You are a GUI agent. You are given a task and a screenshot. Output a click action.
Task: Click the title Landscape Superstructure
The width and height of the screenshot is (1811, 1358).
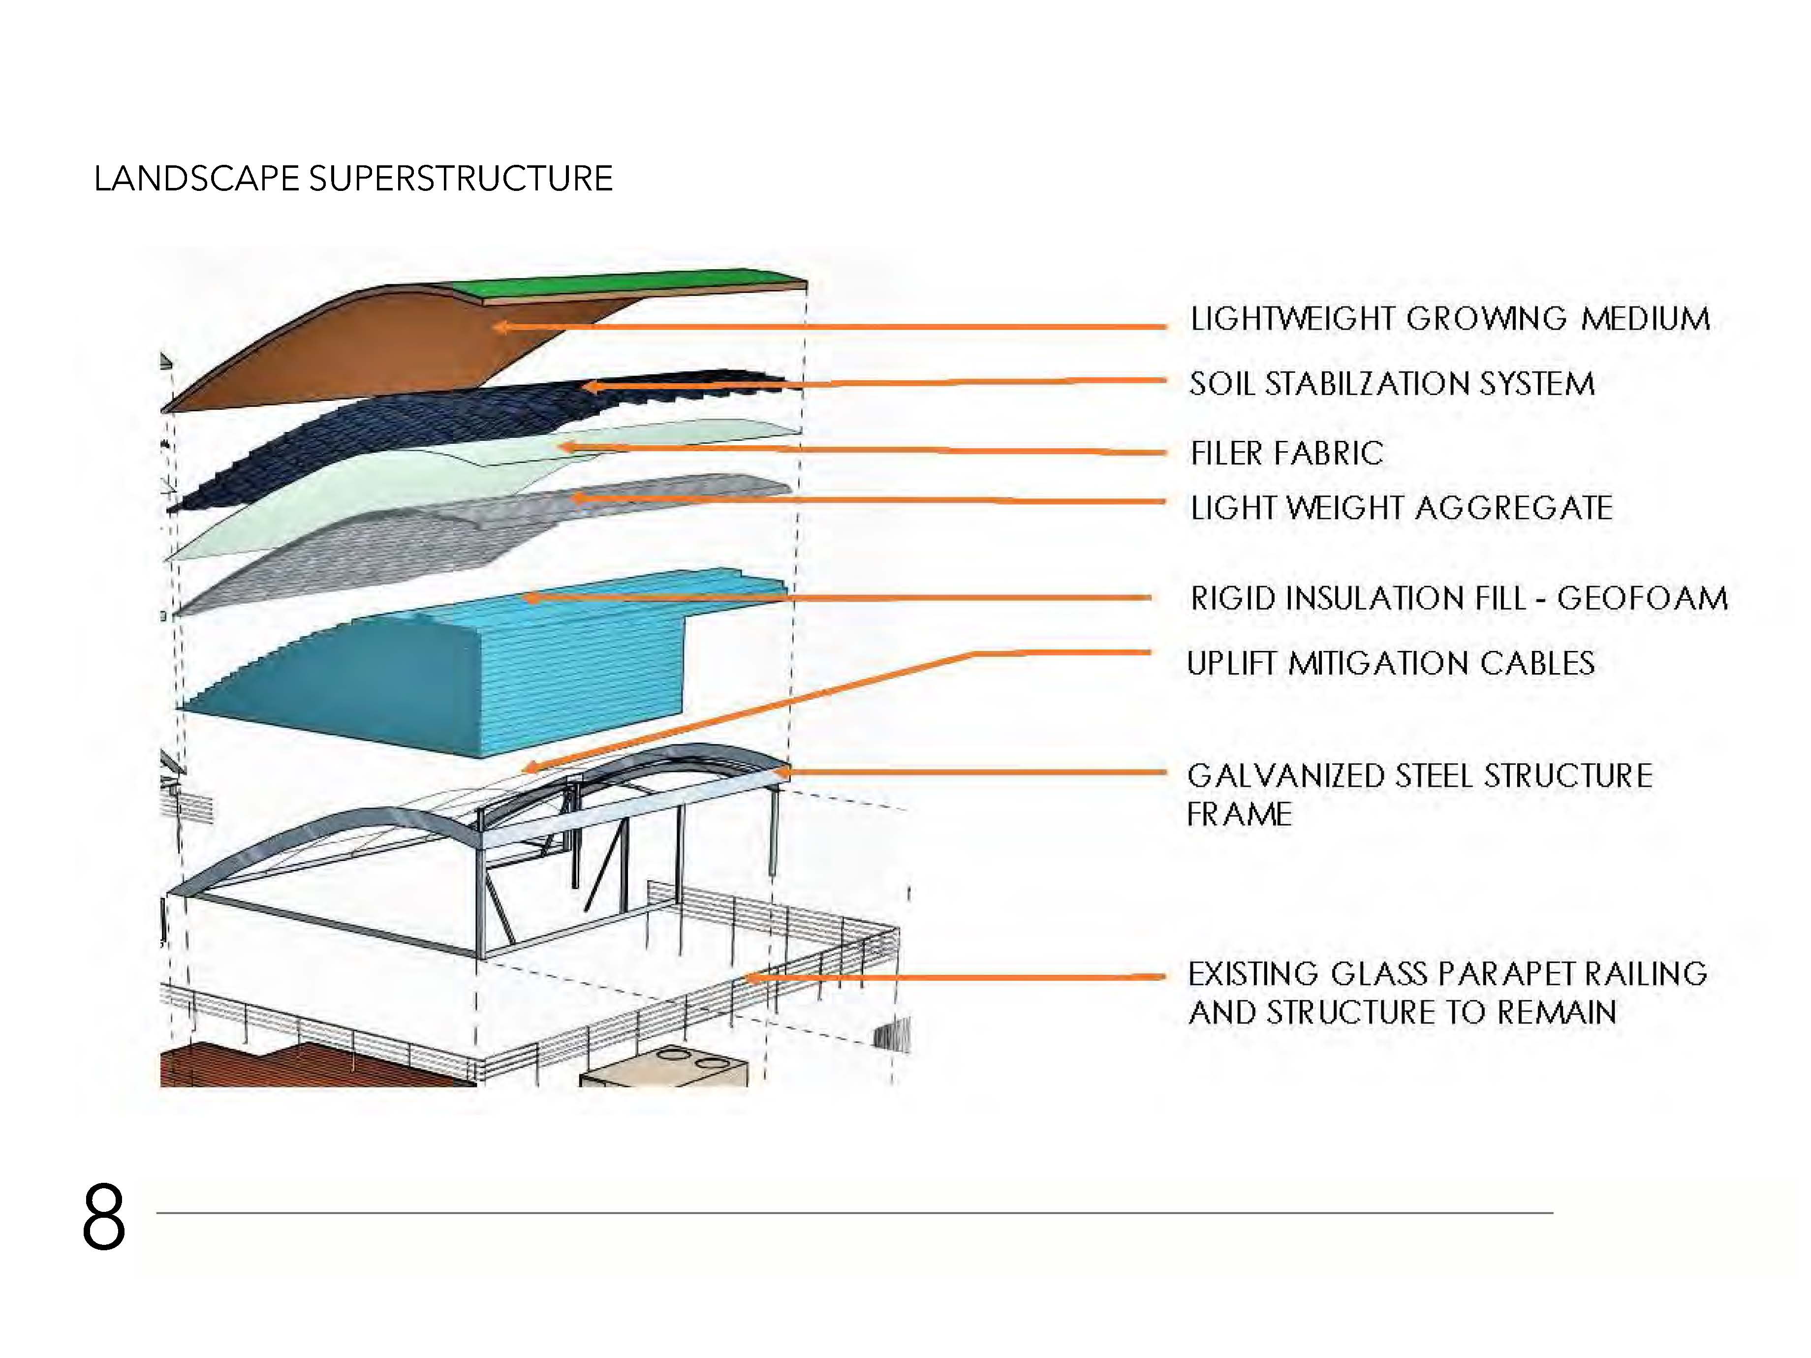[353, 179]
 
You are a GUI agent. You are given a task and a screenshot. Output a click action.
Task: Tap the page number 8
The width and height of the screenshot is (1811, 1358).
[104, 1217]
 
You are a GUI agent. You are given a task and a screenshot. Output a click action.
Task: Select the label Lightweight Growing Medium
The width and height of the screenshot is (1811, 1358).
[1449, 318]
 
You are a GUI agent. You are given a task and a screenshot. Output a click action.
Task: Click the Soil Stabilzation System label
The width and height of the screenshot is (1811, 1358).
[1391, 384]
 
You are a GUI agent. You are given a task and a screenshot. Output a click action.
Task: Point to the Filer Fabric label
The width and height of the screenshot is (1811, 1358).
[1286, 453]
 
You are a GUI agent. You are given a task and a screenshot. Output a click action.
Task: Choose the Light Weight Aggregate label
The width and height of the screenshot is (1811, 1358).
[1401, 507]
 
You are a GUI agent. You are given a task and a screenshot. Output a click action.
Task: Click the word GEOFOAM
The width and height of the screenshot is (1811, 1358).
[1642, 598]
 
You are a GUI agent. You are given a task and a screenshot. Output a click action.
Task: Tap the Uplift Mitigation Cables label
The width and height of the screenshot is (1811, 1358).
[1390, 663]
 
